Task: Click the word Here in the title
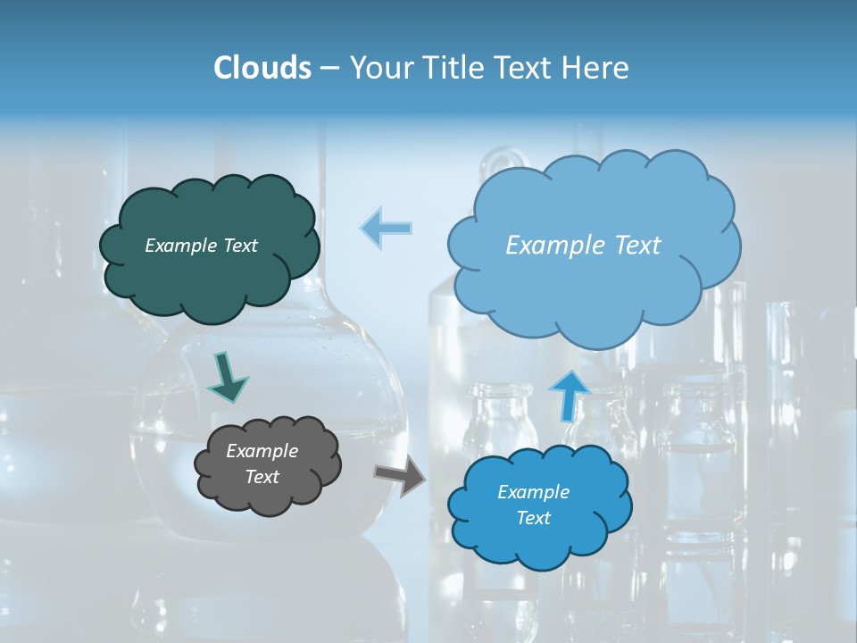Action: [595, 68]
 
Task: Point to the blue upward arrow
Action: [569, 394]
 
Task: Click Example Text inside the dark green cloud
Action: [201, 246]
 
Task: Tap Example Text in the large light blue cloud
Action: [583, 246]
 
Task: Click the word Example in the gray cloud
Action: [262, 451]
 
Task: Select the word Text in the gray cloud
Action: [262, 477]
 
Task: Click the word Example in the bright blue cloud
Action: [533, 492]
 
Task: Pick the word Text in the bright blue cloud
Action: [533, 518]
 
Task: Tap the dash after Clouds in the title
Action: [329, 68]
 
